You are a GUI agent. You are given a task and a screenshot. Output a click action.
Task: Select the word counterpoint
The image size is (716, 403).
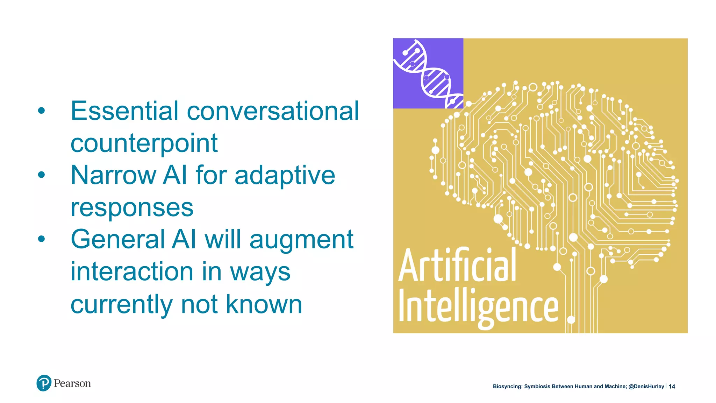[x=144, y=143]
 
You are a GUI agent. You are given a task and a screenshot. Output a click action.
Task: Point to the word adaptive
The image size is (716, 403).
[x=285, y=176]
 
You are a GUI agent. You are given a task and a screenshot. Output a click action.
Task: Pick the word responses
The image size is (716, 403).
[x=132, y=208]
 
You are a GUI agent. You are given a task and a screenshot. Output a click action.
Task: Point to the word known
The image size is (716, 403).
[x=264, y=304]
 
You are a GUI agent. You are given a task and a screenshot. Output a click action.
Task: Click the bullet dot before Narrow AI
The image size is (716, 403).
[x=42, y=175]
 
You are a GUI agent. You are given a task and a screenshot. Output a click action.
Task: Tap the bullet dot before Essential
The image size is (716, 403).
[x=42, y=111]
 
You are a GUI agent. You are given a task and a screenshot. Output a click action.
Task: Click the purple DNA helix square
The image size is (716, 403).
[x=428, y=73]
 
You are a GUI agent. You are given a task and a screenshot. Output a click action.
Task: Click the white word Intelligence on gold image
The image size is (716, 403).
[x=478, y=307]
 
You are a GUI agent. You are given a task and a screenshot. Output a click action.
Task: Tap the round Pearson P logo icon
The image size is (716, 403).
[x=44, y=383]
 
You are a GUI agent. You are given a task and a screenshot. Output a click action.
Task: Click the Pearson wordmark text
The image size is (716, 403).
[x=72, y=383]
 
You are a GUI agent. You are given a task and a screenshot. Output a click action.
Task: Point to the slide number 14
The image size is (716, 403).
[x=672, y=387]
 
